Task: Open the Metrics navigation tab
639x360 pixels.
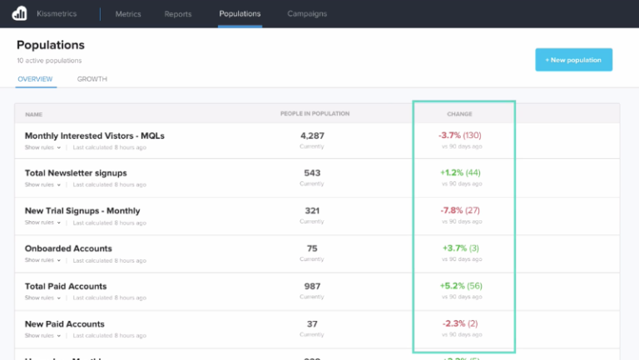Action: point(127,14)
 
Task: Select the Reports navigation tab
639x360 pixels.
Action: point(178,14)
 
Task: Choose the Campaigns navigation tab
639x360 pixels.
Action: point(307,14)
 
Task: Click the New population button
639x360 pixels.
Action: point(573,60)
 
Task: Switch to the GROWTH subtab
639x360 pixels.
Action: point(92,79)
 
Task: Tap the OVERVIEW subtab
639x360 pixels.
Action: point(35,79)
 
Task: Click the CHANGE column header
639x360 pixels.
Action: point(460,114)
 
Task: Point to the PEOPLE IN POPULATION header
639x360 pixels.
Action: point(315,114)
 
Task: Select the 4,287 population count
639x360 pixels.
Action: point(312,136)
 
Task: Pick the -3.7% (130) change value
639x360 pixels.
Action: point(460,136)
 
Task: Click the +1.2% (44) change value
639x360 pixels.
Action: point(460,173)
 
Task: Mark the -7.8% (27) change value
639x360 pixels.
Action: point(460,210)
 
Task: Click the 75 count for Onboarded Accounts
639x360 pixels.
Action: point(312,249)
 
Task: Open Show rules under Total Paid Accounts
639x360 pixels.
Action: point(42,298)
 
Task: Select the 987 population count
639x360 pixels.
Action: point(312,286)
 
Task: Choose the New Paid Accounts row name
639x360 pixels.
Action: point(65,323)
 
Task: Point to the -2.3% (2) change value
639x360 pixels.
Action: point(460,323)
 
